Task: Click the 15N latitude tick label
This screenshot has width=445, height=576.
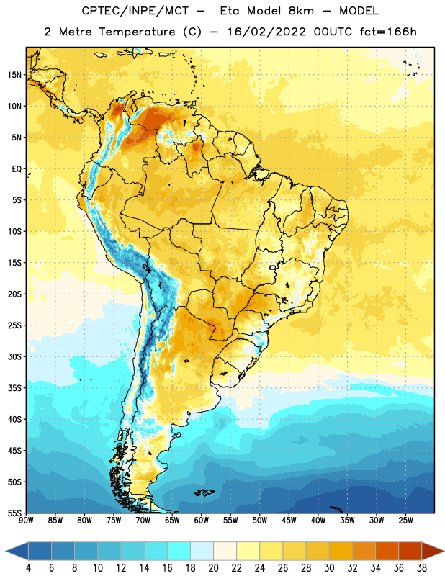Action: pos(14,75)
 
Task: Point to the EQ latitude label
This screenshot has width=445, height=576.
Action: pos(17,169)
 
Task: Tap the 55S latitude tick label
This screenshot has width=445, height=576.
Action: pos(14,513)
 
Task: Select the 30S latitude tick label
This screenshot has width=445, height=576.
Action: pos(14,356)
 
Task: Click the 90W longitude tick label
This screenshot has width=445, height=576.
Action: pos(26,521)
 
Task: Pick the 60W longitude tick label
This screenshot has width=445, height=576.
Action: pos(202,521)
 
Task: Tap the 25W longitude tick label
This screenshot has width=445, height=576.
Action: pos(405,521)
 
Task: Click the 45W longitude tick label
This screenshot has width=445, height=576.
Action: pos(289,521)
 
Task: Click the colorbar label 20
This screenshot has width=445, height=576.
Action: pos(213,568)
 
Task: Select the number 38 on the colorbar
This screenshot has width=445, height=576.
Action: pos(421,568)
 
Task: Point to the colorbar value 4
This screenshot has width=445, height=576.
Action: pos(28,568)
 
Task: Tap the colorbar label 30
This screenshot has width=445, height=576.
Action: pos(329,568)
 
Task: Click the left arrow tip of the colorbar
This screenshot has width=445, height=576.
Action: pos(6,551)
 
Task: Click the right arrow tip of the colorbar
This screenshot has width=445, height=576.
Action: pos(444,551)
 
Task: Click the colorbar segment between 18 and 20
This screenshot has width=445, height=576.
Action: pos(202,551)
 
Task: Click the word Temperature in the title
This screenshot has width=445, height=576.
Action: pos(137,32)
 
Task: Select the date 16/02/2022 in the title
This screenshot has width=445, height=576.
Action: pos(266,32)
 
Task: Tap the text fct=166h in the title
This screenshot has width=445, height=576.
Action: pos(388,32)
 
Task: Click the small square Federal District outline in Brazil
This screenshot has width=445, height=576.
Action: pos(273,267)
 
